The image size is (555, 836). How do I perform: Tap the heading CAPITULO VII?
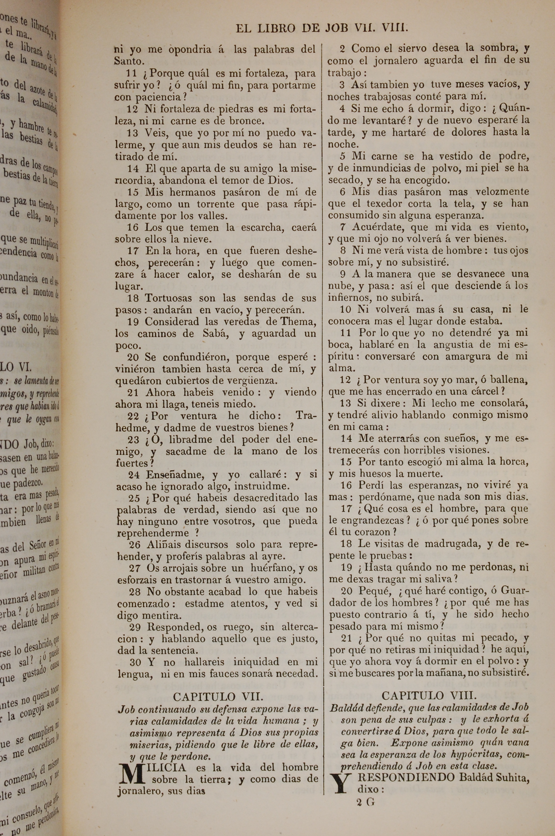point(218,697)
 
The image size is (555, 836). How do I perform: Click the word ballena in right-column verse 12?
point(511,380)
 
